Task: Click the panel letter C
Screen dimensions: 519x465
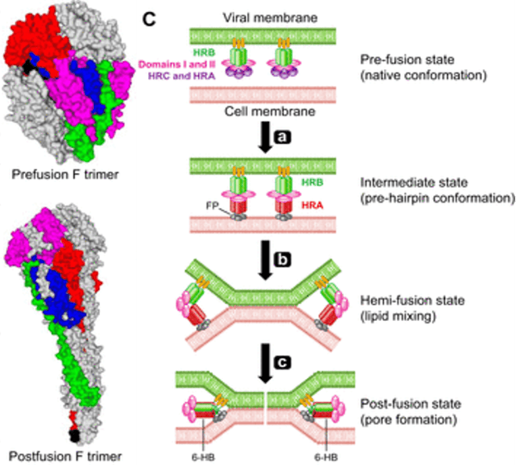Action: point(149,19)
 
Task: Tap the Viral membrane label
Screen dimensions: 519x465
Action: point(270,18)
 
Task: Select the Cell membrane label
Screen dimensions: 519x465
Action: point(270,112)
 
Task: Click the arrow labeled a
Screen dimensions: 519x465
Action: point(265,137)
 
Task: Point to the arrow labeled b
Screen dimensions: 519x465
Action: point(265,260)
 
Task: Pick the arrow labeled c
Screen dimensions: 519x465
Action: point(265,364)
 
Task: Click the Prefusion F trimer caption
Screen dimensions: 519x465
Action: point(65,174)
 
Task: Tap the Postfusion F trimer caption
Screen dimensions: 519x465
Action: point(65,456)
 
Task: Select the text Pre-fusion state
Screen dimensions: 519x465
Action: point(407,60)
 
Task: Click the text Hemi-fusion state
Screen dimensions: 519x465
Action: point(412,301)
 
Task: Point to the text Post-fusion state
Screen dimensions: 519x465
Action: point(410,403)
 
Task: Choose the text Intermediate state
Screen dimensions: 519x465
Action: point(414,182)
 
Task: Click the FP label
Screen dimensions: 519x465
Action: point(212,205)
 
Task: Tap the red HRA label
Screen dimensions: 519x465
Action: point(312,205)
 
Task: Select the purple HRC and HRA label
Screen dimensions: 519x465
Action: point(181,76)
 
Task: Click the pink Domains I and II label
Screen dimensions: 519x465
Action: point(177,64)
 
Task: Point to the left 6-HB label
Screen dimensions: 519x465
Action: point(203,458)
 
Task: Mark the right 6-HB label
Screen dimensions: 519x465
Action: point(326,458)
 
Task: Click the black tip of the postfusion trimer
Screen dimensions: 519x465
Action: point(75,436)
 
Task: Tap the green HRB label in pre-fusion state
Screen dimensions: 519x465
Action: point(204,52)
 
